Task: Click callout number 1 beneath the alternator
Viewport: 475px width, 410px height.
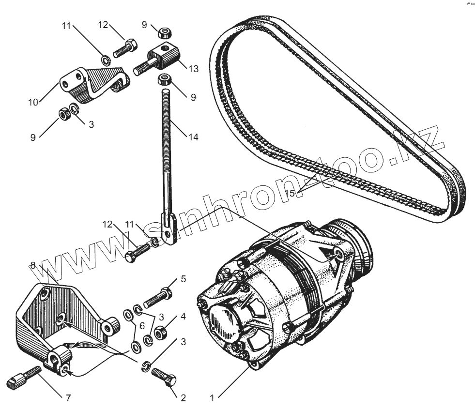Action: [212, 398]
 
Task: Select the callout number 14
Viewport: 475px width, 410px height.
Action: [193, 137]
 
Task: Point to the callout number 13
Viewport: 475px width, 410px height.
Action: [193, 69]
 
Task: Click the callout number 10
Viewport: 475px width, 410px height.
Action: [33, 102]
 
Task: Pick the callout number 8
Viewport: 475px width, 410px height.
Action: [33, 265]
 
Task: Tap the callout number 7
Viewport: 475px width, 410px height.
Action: [68, 398]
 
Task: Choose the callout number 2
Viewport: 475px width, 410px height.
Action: [183, 398]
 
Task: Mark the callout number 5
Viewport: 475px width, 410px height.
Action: [183, 279]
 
